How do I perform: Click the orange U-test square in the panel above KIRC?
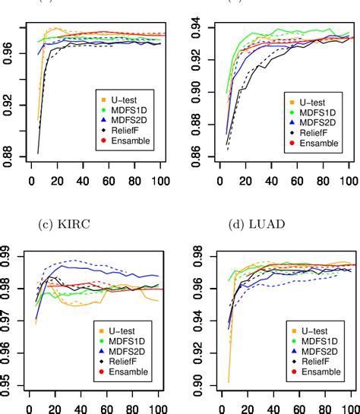(104, 100)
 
